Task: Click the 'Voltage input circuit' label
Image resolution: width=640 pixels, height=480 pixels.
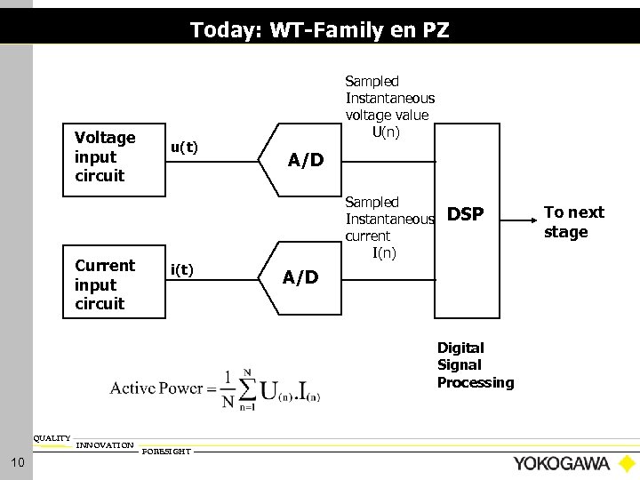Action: (106, 156)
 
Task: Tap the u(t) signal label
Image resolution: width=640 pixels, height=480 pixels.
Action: (184, 148)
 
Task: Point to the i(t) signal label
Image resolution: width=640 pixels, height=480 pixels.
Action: (182, 269)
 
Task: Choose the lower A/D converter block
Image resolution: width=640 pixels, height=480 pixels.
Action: (300, 276)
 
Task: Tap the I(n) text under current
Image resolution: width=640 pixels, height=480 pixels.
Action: (385, 253)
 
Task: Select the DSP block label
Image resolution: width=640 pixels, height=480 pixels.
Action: (465, 214)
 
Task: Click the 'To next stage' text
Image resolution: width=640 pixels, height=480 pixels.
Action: (573, 221)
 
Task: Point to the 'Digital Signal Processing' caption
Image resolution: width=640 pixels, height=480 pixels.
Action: (475, 364)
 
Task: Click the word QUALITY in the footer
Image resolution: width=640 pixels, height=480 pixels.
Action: (52, 438)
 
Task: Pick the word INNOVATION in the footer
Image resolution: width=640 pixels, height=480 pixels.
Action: (105, 444)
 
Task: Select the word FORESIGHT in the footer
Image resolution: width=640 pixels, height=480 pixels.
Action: (165, 452)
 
